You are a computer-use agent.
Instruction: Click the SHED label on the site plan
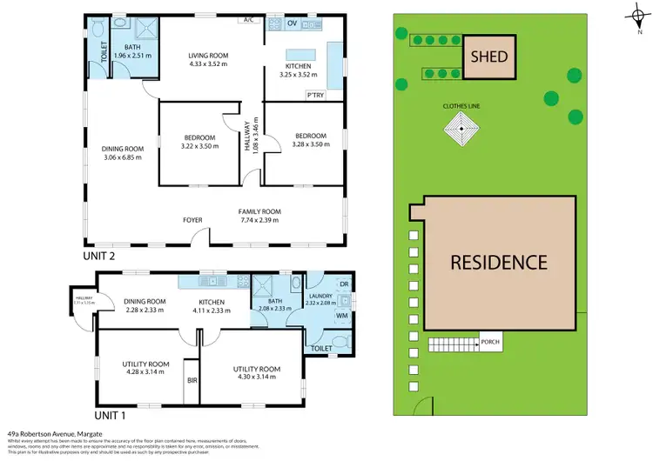coord(489,57)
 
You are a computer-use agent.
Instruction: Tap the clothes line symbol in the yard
coord(461,132)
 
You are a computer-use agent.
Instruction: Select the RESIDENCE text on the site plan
coord(498,262)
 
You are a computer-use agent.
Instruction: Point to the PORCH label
coord(491,342)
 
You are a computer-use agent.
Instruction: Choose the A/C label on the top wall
coord(248,19)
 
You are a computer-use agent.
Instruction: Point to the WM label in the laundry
coord(342,317)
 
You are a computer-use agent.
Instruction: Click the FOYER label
coord(192,219)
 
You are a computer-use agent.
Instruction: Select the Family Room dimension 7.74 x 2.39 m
coord(259,220)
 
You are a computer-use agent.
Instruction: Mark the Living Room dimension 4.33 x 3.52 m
coord(208,63)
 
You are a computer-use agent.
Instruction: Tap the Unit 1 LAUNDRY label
coord(320,297)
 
